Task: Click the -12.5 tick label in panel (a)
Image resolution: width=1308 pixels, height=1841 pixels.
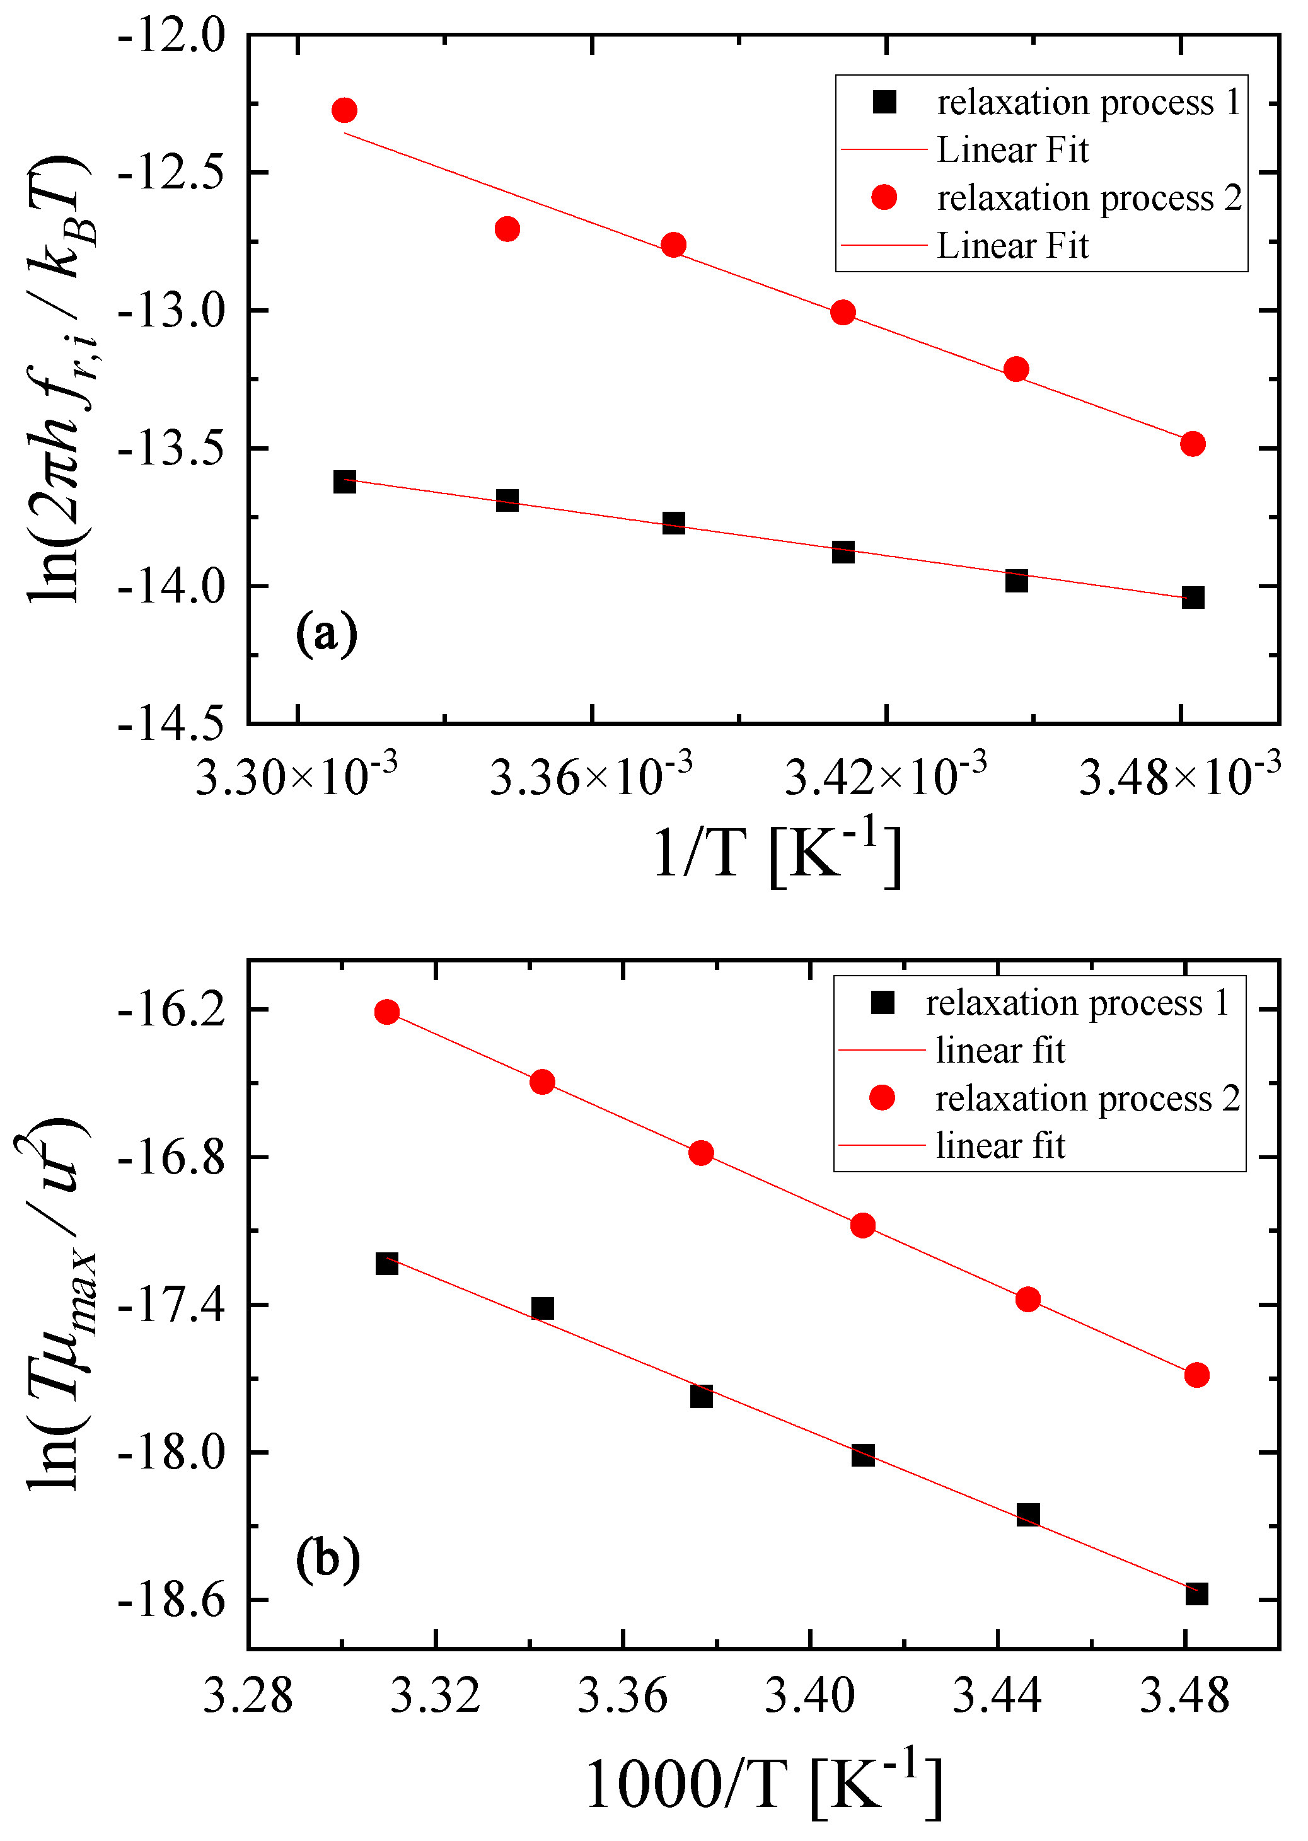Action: click(171, 173)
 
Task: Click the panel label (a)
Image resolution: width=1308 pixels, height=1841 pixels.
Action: click(326, 635)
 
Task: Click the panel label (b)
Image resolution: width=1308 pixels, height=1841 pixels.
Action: click(327, 1559)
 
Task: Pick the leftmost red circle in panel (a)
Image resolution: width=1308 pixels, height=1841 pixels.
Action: click(344, 110)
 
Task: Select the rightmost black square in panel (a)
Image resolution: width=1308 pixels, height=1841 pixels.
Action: click(1193, 597)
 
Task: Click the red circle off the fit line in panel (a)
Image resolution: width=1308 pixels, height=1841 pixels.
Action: click(507, 229)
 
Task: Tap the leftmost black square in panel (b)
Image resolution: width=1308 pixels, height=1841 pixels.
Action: click(386, 1264)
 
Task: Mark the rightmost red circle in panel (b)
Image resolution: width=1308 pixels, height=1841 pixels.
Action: click(1197, 1375)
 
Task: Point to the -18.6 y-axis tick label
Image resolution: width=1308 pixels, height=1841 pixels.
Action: click(171, 1602)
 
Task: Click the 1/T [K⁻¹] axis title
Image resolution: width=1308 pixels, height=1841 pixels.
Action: click(777, 853)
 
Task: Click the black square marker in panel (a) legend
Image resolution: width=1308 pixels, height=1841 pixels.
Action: click(884, 102)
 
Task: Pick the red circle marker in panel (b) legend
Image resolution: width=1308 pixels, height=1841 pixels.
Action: click(882, 1098)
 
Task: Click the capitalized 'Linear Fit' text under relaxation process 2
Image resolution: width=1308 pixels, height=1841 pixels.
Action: click(1012, 246)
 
